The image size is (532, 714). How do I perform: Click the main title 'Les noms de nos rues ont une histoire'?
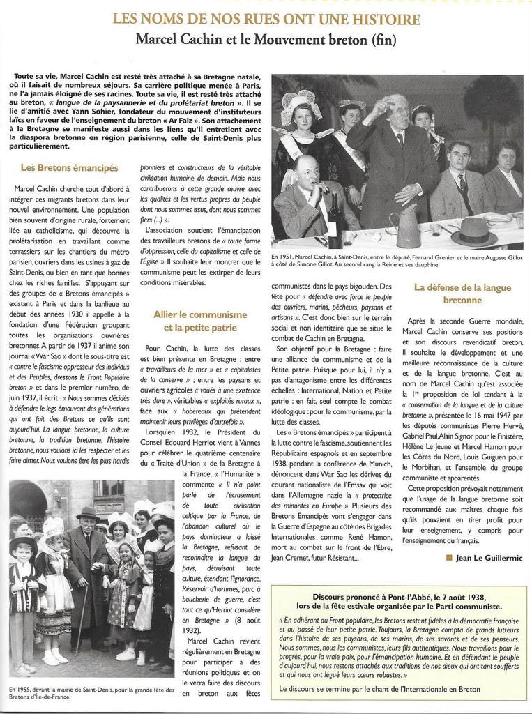(266, 18)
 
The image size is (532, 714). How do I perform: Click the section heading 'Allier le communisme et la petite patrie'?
(200, 321)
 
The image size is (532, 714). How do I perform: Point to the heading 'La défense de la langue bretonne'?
(462, 293)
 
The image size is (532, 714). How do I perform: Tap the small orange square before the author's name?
(449, 558)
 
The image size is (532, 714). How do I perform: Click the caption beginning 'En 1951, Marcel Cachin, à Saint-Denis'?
(396, 261)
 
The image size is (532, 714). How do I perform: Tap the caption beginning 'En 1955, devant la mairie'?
(91, 692)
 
